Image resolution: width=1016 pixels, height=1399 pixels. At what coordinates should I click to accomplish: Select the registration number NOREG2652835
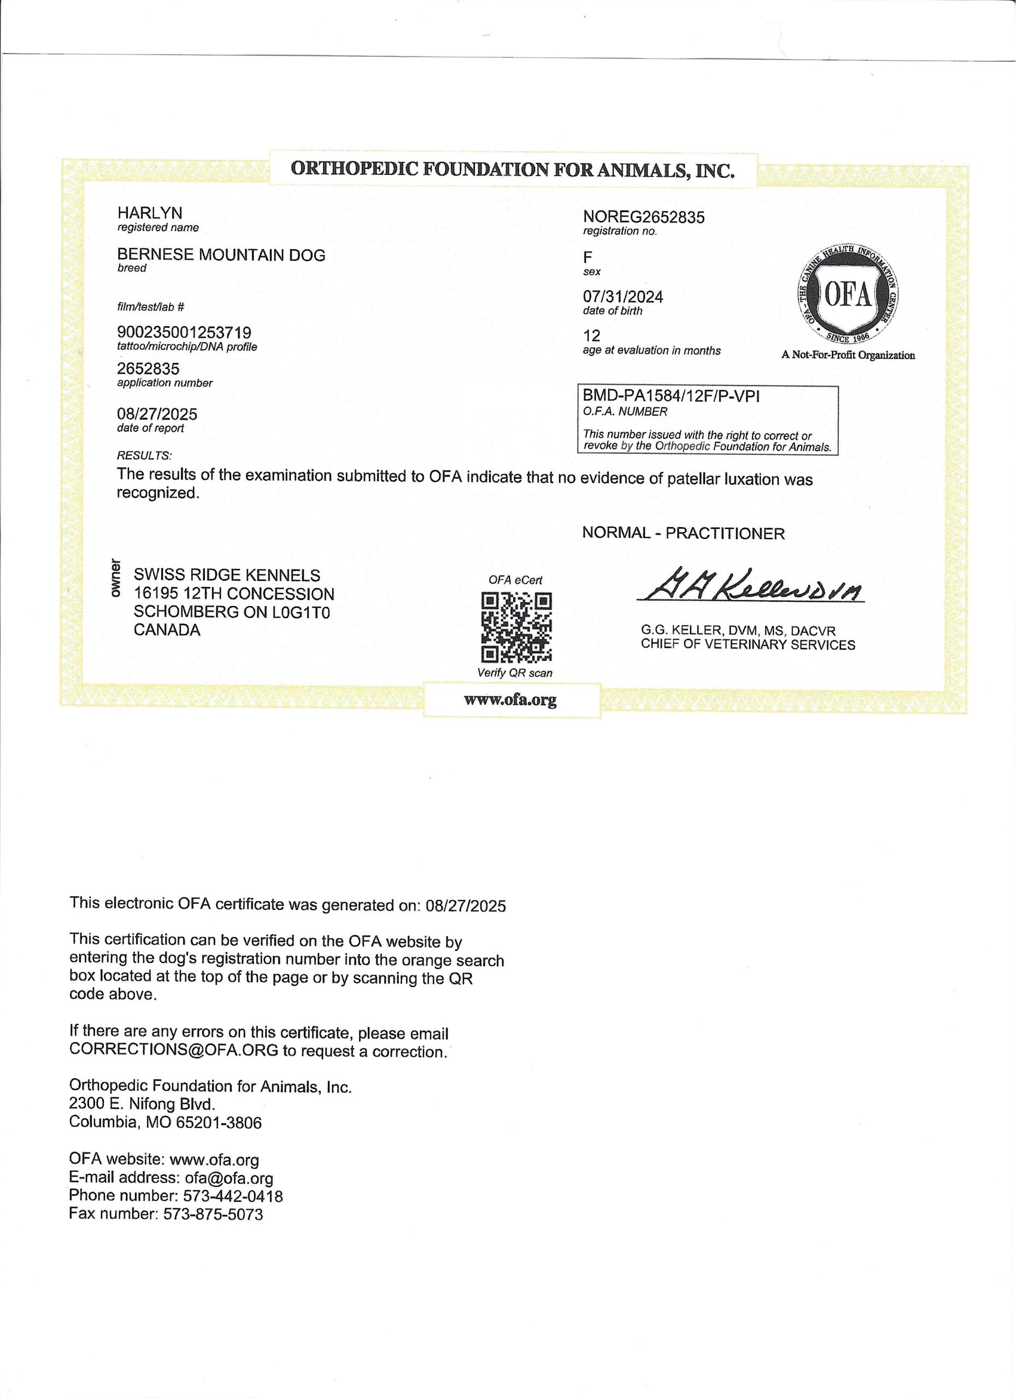[643, 217]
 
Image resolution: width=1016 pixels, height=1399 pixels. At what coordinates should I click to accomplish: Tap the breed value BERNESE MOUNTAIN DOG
[221, 255]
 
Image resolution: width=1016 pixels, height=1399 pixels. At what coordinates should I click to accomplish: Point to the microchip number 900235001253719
[184, 333]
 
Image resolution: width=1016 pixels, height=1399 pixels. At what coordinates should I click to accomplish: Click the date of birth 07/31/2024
[623, 297]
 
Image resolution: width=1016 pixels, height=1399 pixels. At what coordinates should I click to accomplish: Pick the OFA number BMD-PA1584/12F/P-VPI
[671, 396]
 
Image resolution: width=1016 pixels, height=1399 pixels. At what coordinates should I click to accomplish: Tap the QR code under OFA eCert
[517, 627]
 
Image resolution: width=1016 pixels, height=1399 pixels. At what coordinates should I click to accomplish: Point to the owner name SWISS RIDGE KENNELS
[227, 575]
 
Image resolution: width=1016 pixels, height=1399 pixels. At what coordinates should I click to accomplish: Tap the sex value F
[588, 258]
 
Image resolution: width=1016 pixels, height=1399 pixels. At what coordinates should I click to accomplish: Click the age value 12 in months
[591, 336]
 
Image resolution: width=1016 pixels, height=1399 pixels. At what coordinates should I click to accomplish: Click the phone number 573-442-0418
[233, 1196]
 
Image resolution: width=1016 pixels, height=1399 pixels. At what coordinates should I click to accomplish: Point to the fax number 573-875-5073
[213, 1215]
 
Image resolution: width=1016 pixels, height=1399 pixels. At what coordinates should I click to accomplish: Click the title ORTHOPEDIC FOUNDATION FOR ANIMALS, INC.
[513, 169]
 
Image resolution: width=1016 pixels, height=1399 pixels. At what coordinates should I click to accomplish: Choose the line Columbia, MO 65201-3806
[165, 1122]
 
